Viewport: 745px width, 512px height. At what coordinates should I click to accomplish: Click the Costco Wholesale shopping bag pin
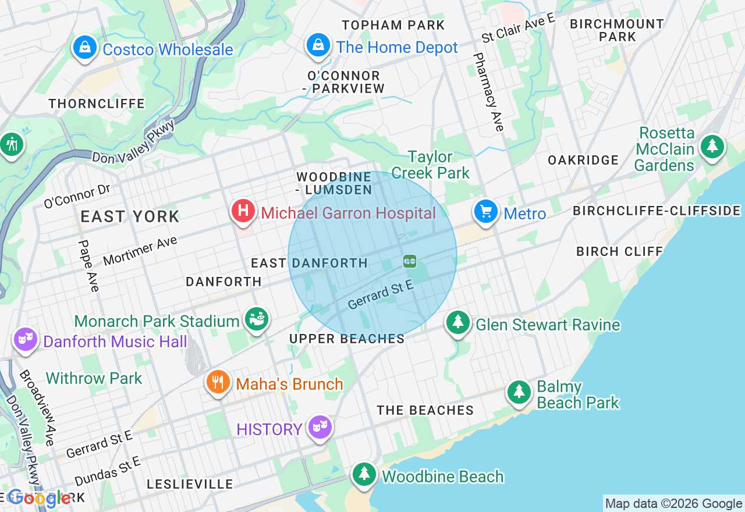pos(85,48)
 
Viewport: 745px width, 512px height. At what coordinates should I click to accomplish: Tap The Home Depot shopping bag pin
pos(318,45)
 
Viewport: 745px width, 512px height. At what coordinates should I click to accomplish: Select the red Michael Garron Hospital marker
pos(243,211)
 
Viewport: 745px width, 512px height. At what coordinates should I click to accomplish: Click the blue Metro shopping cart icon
pos(485,212)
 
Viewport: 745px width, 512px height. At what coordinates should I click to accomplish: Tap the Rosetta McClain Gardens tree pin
pos(711,147)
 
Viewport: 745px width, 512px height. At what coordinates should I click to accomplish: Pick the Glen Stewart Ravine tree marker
pos(458,322)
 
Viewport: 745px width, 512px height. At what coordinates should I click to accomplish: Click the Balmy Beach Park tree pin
pos(519,393)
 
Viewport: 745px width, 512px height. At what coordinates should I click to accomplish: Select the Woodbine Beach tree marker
pos(364,474)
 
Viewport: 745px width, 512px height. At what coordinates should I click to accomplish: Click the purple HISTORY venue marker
pos(320,428)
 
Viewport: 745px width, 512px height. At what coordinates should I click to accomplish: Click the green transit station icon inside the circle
pos(410,262)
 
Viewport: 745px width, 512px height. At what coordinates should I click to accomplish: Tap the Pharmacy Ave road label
pos(488,92)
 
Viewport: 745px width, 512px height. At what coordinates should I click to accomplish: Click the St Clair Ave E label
pos(518,28)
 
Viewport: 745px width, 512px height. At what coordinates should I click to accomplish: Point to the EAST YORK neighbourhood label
pos(130,217)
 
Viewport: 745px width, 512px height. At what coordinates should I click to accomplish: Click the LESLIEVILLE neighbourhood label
pos(190,484)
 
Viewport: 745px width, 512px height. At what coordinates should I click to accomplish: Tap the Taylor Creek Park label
pos(430,165)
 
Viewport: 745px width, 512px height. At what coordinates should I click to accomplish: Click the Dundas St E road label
pos(108,471)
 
